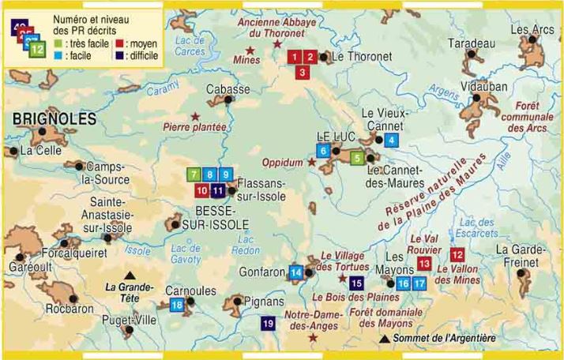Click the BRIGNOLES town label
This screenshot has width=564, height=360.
pos(55,119)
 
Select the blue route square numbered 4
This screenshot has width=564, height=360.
pos(392,141)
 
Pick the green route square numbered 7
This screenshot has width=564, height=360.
pos(194,174)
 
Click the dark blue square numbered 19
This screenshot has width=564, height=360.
pos(269,323)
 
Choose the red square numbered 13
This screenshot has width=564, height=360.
pos(424,263)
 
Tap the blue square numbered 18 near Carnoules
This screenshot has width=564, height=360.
pos(177,305)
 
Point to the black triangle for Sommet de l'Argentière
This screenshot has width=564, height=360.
pos(385,339)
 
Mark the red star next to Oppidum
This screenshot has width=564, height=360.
pos(311,163)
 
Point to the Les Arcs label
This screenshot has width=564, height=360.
pos(532,30)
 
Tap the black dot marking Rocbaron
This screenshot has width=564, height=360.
pos(73,299)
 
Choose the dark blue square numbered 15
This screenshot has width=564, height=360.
pos(356,283)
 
